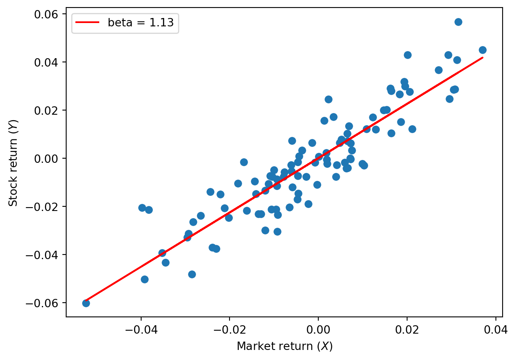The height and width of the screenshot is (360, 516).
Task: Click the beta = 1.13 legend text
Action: point(141,23)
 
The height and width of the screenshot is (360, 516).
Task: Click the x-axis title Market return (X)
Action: point(284,346)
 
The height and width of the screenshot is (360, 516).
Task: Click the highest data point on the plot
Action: point(458,22)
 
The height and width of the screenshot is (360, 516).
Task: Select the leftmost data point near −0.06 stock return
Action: point(86,303)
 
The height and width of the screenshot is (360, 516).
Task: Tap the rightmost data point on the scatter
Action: point(482,50)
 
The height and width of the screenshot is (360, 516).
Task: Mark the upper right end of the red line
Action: point(482,58)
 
